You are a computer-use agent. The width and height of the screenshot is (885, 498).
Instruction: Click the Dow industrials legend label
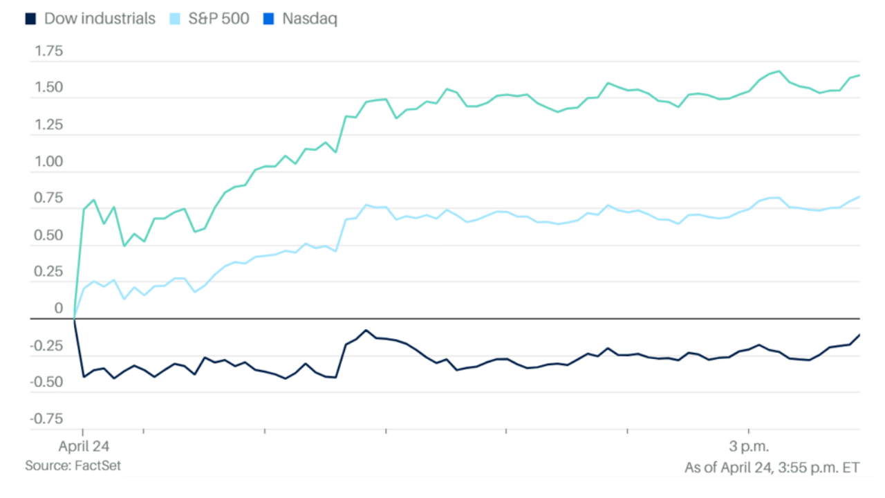100,19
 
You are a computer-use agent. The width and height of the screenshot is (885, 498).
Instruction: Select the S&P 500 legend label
218,19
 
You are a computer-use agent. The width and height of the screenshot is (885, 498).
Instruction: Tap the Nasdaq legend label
310,19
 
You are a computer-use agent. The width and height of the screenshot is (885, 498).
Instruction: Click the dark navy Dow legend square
31,19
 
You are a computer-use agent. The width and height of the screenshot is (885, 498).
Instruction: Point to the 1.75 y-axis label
49,51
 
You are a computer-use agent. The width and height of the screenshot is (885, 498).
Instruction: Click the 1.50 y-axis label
49,88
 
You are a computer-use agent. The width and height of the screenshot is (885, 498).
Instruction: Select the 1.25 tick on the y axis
49,125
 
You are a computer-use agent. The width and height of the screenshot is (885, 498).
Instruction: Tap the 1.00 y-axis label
49,162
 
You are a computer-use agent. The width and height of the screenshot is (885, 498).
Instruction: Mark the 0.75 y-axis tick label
49,199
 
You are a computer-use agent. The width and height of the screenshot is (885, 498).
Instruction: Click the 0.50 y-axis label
49,235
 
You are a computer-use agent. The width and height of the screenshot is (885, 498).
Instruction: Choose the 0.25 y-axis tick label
49,272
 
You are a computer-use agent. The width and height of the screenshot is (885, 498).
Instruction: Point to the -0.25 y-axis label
47,346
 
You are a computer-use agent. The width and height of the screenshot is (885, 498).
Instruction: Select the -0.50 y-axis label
47,382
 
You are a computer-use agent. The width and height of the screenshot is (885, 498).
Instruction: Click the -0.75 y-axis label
47,419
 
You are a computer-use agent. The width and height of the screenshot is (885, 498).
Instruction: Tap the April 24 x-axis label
84,445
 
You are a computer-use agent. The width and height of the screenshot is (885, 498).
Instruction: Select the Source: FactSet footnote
73,466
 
